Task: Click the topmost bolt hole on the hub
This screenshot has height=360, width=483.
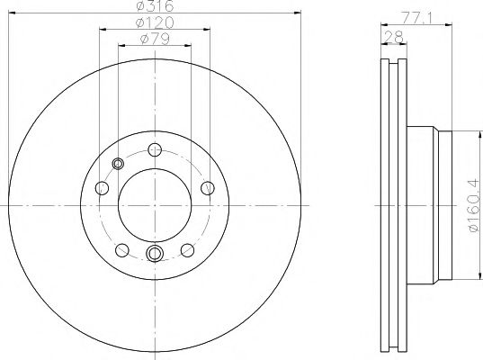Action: point(154,150)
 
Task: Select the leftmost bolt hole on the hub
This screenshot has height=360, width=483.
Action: point(103,188)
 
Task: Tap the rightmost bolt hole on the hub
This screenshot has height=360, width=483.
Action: point(207,187)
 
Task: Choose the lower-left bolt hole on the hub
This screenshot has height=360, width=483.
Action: point(121,249)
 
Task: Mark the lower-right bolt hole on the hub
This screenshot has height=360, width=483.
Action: point(187,249)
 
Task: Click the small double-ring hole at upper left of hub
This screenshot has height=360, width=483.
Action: point(119,164)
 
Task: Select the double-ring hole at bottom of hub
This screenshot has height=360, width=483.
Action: point(154,254)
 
